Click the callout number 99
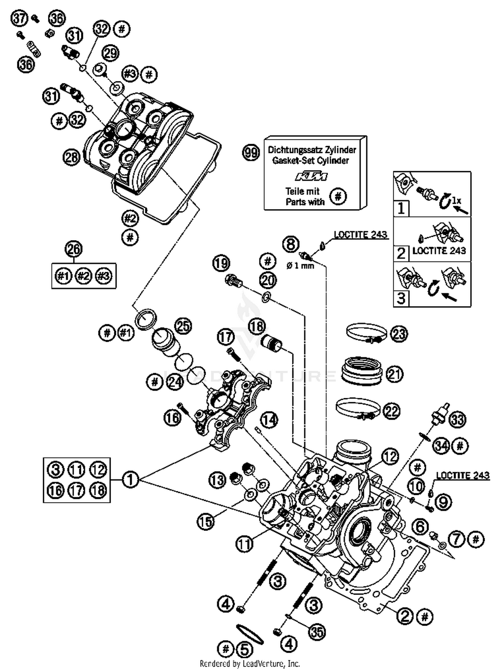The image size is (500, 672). point(251,153)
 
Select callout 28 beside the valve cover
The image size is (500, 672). point(71,157)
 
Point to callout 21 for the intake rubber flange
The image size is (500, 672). point(394,374)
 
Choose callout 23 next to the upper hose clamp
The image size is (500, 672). point(399,334)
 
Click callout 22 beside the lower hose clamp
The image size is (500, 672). point(391,411)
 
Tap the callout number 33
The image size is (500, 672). point(457,420)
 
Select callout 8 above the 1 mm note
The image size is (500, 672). point(291,244)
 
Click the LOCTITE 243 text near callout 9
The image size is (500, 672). point(463,475)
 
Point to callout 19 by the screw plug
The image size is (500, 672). point(221,263)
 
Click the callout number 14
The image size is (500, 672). point(269,420)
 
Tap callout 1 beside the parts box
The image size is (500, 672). point(130,480)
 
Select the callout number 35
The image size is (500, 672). point(317,631)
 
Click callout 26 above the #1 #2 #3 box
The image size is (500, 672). point(74,249)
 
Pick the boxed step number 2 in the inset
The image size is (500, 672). point(401,254)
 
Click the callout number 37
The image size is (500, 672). point(19,18)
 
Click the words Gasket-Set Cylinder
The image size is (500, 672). point(310,160)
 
